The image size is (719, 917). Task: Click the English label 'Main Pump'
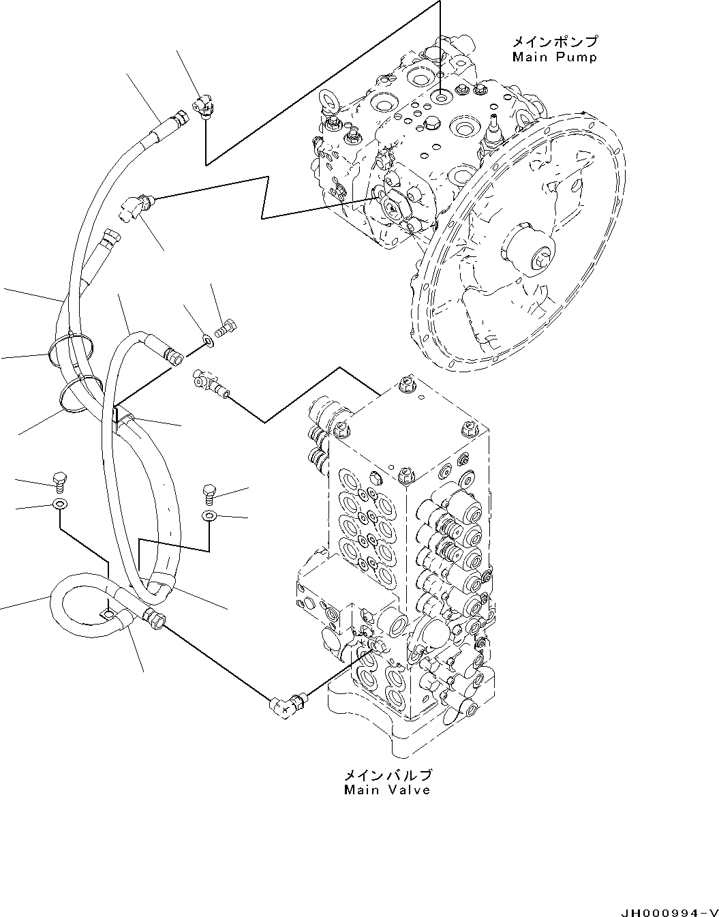point(554,57)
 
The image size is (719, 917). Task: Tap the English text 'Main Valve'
point(386,790)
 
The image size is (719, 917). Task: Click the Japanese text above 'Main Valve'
point(387,776)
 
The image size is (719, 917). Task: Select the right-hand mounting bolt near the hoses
point(209,492)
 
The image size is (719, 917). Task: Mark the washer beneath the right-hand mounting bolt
point(209,516)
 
